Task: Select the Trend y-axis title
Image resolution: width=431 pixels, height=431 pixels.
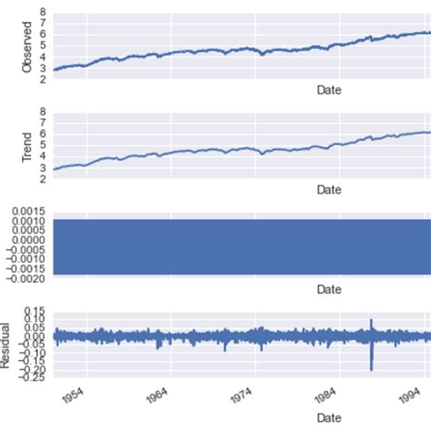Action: pos(27,145)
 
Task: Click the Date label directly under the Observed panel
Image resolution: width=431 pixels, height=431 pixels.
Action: pos(328,90)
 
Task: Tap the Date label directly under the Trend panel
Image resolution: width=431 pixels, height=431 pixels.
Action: pos(328,189)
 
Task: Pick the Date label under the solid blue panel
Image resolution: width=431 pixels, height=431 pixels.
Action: pos(328,289)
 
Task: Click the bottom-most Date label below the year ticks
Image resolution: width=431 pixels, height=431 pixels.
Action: pos(328,416)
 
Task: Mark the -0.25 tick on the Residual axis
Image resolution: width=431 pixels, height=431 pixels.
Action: pos(34,378)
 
